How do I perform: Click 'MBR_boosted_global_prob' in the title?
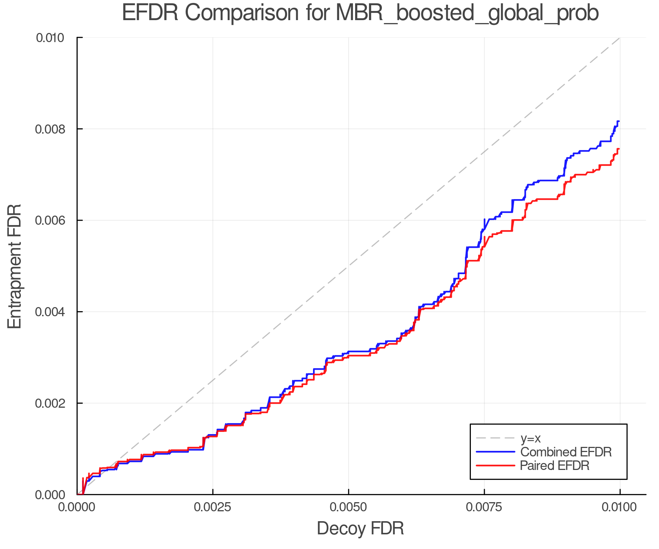point(467,13)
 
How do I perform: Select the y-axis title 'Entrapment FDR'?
point(15,266)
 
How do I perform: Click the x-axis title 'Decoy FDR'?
point(360,528)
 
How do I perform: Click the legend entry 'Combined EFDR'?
point(566,452)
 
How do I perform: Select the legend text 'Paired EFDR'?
point(555,466)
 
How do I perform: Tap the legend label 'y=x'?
point(530,438)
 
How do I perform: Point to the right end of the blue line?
point(619,121)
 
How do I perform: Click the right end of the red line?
point(619,149)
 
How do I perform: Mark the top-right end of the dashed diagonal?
point(619,38)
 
